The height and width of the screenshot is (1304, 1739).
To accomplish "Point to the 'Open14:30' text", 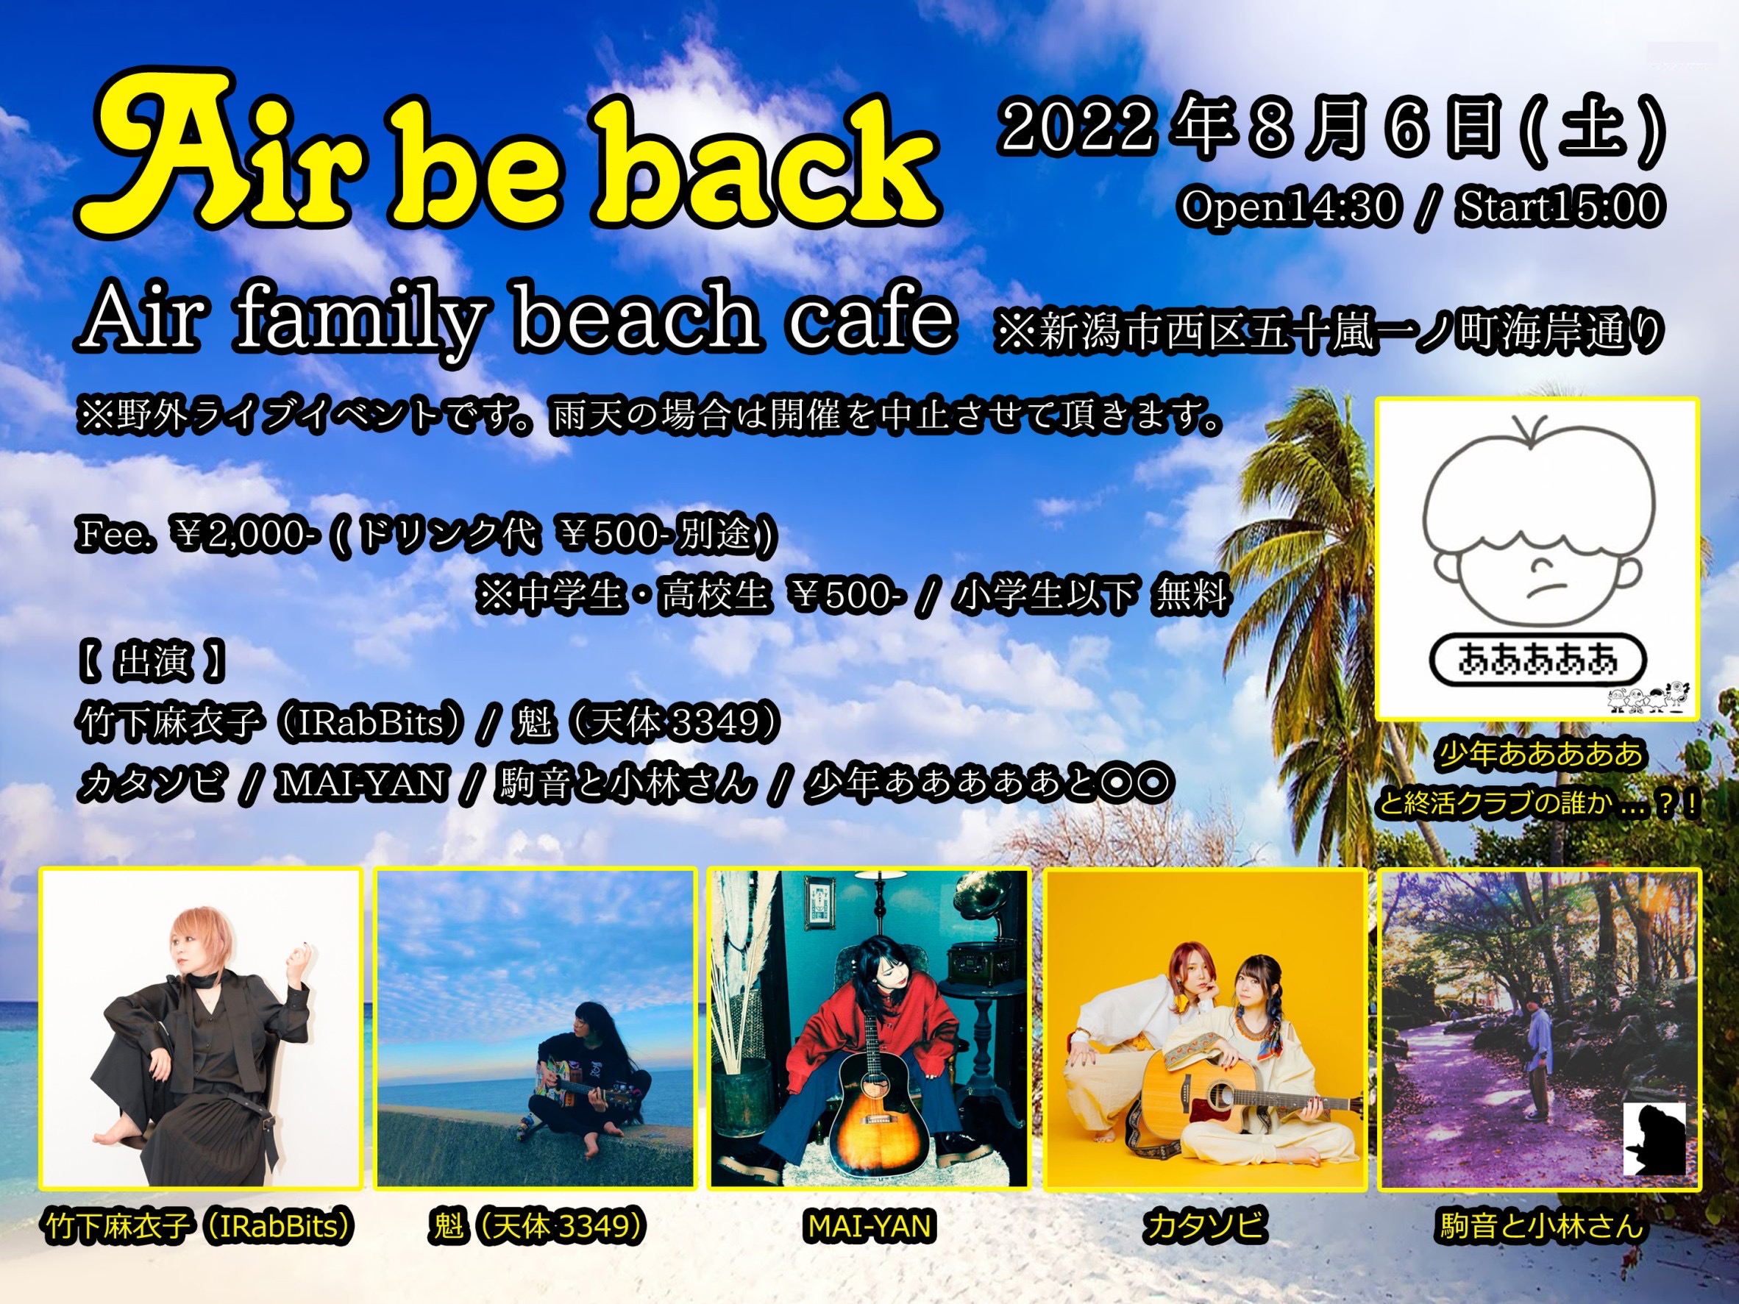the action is click(x=1290, y=207).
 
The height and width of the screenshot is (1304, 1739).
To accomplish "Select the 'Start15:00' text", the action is click(x=1560, y=207).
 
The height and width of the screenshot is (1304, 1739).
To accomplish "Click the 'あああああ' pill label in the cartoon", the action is click(x=1537, y=661).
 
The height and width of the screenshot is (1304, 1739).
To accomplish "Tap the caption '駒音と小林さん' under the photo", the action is click(x=1541, y=1227).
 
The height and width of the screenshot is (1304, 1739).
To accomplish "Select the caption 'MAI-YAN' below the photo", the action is click(x=869, y=1227).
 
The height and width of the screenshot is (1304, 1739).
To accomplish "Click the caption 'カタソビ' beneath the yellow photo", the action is click(x=1204, y=1227).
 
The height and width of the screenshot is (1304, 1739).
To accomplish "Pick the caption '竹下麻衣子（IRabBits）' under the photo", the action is click(x=202, y=1227).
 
